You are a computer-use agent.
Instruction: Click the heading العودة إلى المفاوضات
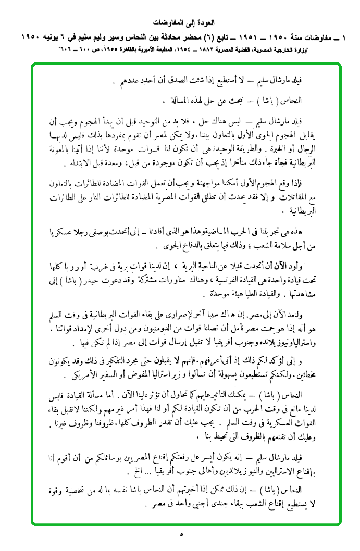click(180, 23)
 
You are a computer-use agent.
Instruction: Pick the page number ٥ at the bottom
click(181, 534)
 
